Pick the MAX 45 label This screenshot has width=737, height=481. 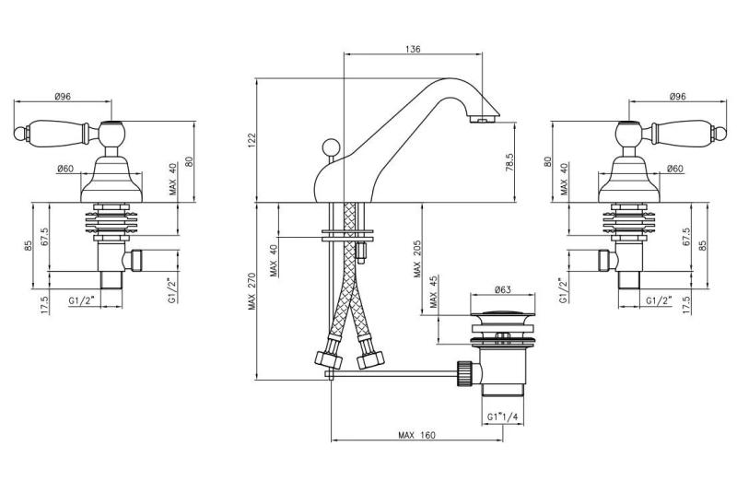[434, 299]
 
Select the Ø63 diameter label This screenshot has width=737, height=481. [503, 290]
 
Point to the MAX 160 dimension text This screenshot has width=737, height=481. [417, 436]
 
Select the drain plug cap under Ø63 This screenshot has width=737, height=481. [502, 318]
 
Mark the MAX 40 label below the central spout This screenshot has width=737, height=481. [274, 261]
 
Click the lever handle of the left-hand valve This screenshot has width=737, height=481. [55, 128]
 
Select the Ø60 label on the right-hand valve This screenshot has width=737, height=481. [674, 169]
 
